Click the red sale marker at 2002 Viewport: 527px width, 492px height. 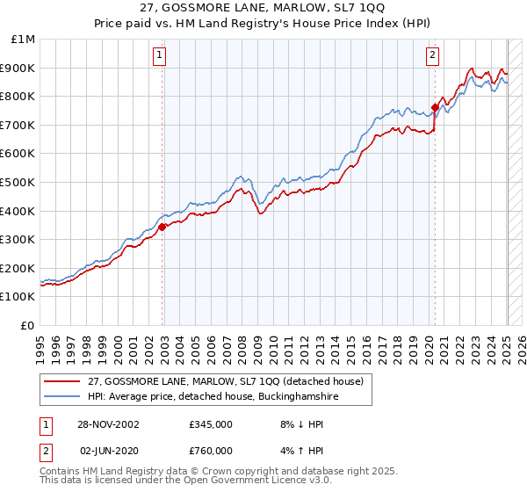click(162, 227)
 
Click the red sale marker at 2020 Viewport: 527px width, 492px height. click(435, 107)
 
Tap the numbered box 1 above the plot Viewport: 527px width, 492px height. click(160, 55)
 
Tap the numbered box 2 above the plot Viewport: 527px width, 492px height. click(433, 55)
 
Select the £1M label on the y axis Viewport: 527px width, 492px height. click(24, 40)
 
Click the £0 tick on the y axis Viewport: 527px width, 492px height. click(30, 325)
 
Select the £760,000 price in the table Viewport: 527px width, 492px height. click(211, 450)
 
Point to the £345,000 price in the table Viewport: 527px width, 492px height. click(211, 424)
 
